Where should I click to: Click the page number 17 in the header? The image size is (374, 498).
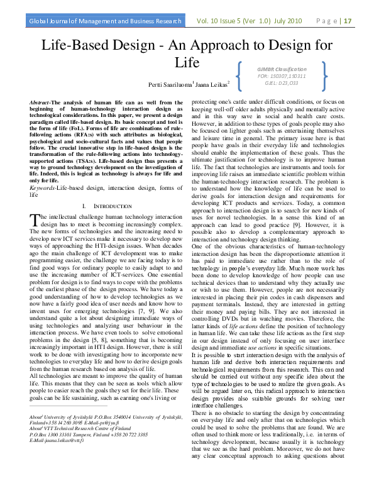(x=347, y=21)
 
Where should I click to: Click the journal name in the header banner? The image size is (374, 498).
(x=103, y=21)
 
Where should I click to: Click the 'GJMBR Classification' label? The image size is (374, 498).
(x=281, y=69)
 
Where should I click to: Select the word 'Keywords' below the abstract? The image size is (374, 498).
(x=43, y=189)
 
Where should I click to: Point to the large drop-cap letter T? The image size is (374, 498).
(x=35, y=219)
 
